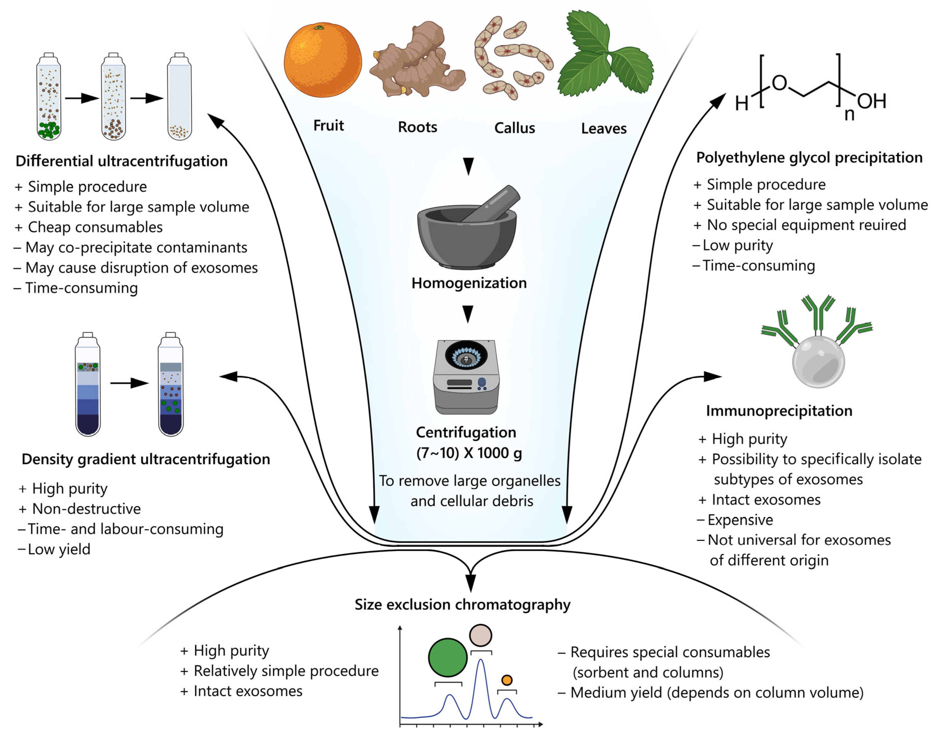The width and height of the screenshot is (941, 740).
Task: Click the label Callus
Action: (x=514, y=128)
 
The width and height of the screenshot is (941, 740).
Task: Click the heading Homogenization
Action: (x=469, y=283)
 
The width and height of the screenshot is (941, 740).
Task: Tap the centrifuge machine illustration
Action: (x=466, y=377)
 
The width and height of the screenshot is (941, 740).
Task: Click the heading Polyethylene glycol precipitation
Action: (x=809, y=158)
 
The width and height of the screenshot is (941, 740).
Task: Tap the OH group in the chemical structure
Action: (x=871, y=101)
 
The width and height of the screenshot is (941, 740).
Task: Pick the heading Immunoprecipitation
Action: (x=779, y=411)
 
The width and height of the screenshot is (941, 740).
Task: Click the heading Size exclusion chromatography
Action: (x=462, y=605)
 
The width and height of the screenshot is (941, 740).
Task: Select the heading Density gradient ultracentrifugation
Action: (x=146, y=459)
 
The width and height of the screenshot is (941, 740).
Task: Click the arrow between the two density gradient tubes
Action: (x=129, y=383)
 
